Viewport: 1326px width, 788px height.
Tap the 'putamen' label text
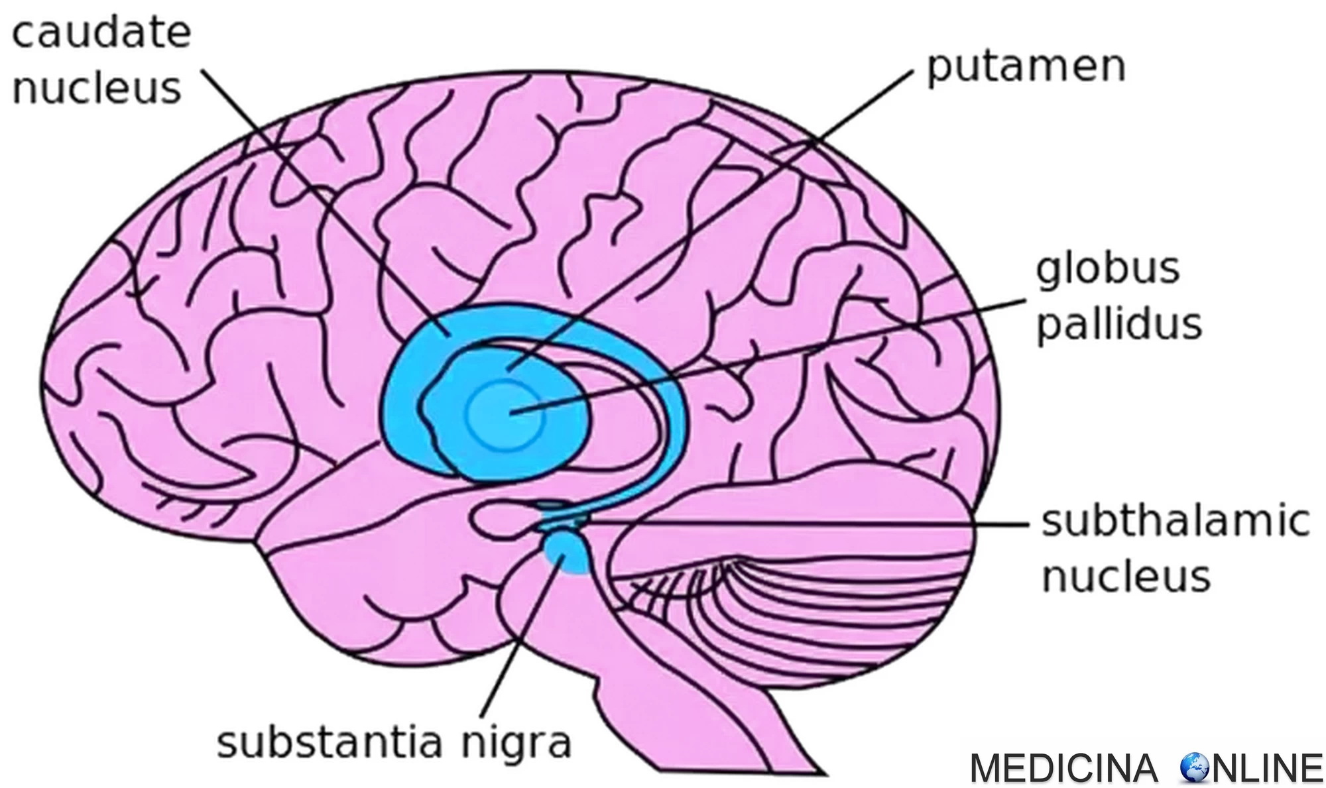1026,67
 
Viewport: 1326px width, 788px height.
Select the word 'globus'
1108,268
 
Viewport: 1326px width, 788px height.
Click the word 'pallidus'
1119,324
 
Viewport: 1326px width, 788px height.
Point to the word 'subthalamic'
1175,521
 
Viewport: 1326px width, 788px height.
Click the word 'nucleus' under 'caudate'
97,88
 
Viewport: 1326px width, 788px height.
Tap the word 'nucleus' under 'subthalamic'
1126,576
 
